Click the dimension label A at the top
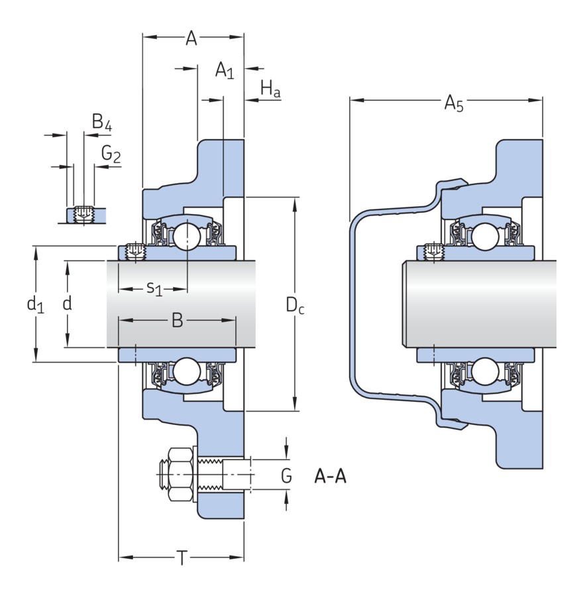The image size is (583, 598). pyautogui.click(x=191, y=39)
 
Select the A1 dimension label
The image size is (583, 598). pyautogui.click(x=224, y=71)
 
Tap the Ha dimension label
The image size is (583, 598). pyautogui.click(x=270, y=88)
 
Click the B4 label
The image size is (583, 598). pyautogui.click(x=101, y=123)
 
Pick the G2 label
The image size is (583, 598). pyautogui.click(x=111, y=154)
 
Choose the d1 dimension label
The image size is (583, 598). pyautogui.click(x=34, y=305)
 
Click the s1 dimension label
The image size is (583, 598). pyautogui.click(x=154, y=288)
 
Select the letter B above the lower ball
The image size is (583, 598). pyautogui.click(x=177, y=321)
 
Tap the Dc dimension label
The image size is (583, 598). pyautogui.click(x=295, y=306)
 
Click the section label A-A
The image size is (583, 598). pyautogui.click(x=330, y=476)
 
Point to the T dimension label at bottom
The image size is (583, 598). pyautogui.click(x=182, y=559)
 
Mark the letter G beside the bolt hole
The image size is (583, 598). pyautogui.click(x=286, y=475)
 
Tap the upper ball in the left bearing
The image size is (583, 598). pyautogui.click(x=185, y=236)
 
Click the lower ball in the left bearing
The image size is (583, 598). pyautogui.click(x=185, y=372)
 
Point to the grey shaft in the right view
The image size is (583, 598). pyautogui.click(x=484, y=304)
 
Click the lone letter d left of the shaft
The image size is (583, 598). pyautogui.click(x=66, y=304)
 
